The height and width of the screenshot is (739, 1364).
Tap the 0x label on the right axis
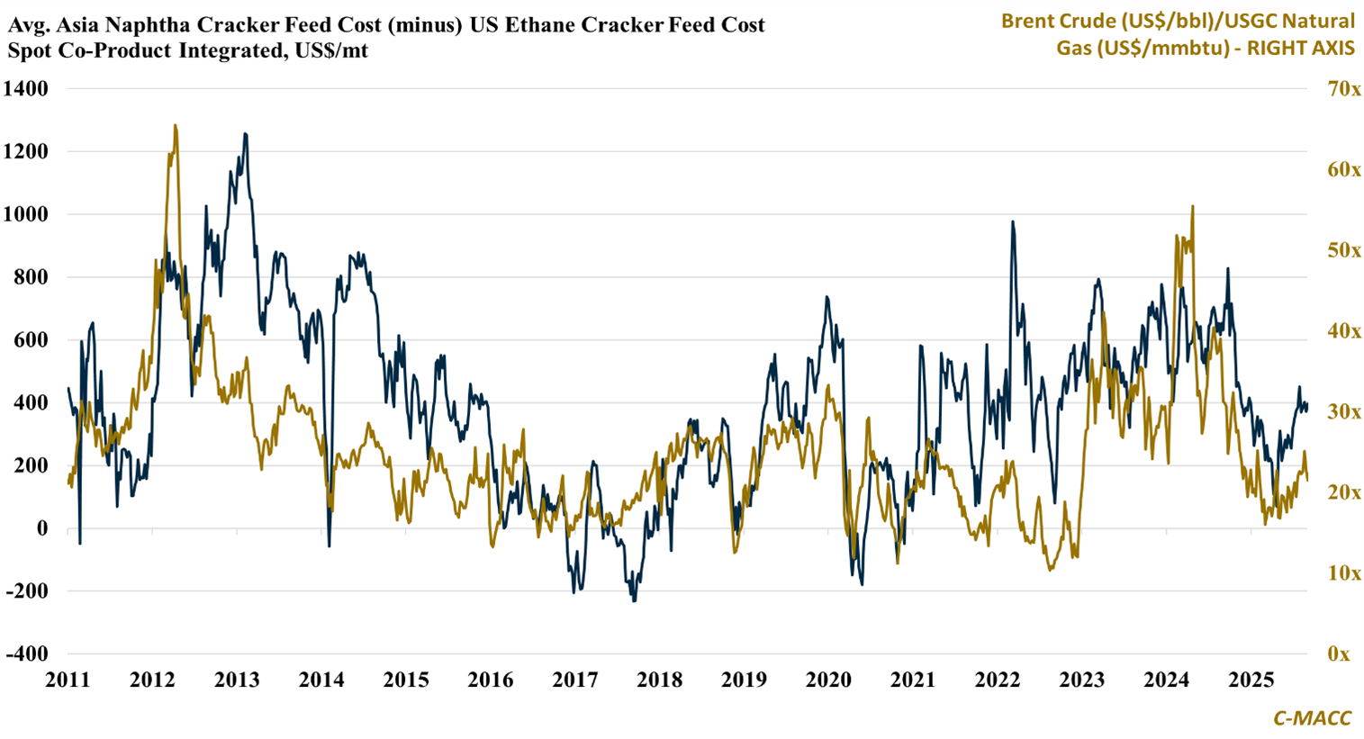[1339, 653]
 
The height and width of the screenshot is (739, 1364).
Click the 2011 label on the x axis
[68, 680]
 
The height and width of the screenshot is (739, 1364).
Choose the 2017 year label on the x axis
[575, 680]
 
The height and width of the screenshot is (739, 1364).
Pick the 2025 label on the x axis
[1251, 680]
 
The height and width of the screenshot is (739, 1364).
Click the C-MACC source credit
[1312, 717]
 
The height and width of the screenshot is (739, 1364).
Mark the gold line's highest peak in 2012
[175, 126]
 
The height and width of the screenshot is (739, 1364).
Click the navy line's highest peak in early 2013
[245, 134]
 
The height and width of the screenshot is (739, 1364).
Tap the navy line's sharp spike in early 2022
[1013, 221]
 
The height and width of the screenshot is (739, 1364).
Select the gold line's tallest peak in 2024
[1193, 206]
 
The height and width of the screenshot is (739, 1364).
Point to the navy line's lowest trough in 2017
[634, 600]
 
